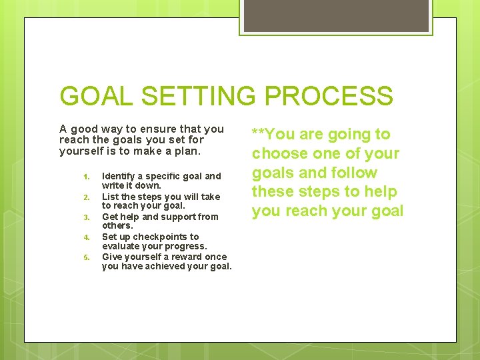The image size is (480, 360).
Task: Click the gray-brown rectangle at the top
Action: [335, 16]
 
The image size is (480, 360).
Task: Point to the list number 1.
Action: [85, 177]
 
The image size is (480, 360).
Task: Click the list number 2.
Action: [85, 197]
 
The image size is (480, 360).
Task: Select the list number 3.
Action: [85, 217]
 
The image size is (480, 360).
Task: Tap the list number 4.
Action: [85, 237]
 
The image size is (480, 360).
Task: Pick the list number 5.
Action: [85, 257]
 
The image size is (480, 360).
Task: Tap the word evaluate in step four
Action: [121, 246]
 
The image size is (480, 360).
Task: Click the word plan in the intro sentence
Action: [186, 151]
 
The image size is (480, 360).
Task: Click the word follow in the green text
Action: [355, 173]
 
